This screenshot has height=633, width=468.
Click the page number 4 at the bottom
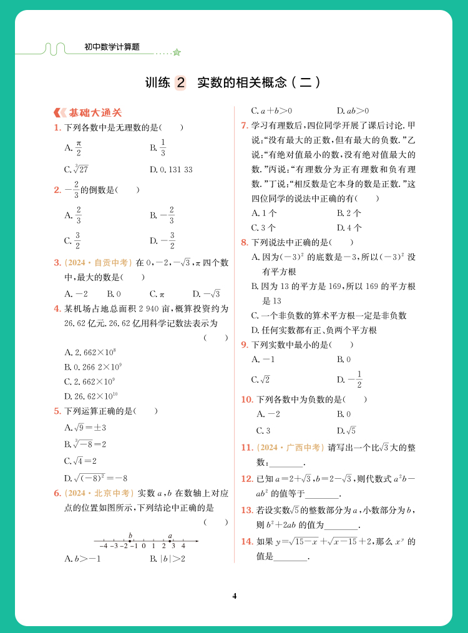(x=235, y=596)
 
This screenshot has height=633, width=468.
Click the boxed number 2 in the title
(x=180, y=82)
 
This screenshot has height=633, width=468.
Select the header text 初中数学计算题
(x=112, y=47)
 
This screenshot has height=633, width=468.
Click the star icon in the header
(x=177, y=52)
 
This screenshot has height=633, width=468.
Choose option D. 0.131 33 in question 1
(x=171, y=169)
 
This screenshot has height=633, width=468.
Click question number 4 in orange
(x=57, y=308)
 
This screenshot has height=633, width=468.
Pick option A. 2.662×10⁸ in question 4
(x=90, y=352)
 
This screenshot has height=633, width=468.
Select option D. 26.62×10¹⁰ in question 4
(x=93, y=396)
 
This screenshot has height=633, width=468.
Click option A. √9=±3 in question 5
(x=85, y=428)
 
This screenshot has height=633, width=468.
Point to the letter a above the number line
(x=170, y=535)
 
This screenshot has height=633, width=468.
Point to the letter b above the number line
(x=130, y=535)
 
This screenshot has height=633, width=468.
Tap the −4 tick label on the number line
(x=104, y=546)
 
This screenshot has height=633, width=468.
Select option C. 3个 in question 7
(x=263, y=228)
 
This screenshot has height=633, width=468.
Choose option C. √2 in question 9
(x=261, y=380)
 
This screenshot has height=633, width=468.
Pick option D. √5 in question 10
(x=346, y=430)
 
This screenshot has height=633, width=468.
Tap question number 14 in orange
(x=246, y=541)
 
